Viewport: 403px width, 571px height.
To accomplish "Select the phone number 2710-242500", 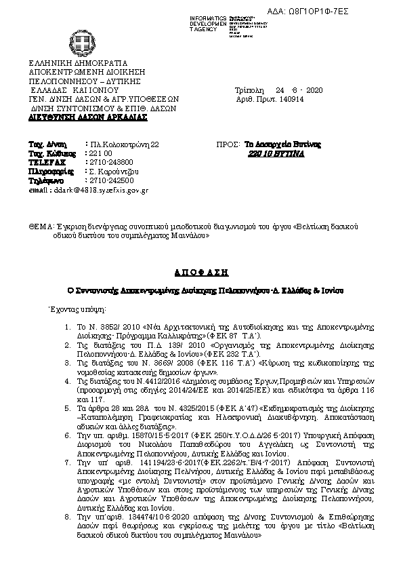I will [112, 180].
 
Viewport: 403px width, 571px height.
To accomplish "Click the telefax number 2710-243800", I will [112, 162].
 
